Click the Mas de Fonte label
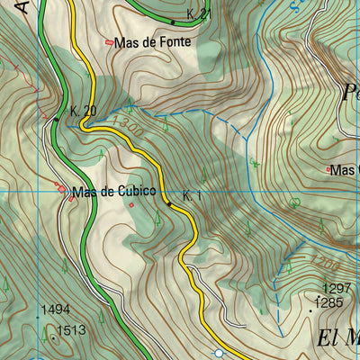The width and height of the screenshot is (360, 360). point(148,42)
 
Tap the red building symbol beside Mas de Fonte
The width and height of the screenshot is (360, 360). point(110,42)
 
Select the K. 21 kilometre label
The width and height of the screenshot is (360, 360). point(198,14)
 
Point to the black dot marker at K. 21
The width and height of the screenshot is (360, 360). point(173,21)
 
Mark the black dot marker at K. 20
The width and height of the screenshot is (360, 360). point(56,118)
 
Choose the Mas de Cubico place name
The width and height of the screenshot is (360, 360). point(114,191)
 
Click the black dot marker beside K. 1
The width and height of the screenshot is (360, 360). point(168,204)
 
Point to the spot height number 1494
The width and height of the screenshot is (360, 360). point(55,310)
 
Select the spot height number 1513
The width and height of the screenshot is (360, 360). point(70,330)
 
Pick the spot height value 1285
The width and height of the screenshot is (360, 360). point(331,302)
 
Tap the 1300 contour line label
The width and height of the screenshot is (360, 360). point(129,126)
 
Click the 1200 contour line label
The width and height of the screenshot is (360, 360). point(326,264)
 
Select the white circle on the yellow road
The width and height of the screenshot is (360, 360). point(218,353)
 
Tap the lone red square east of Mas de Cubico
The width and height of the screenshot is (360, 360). point(131,204)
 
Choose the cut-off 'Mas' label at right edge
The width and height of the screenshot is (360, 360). point(346,169)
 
